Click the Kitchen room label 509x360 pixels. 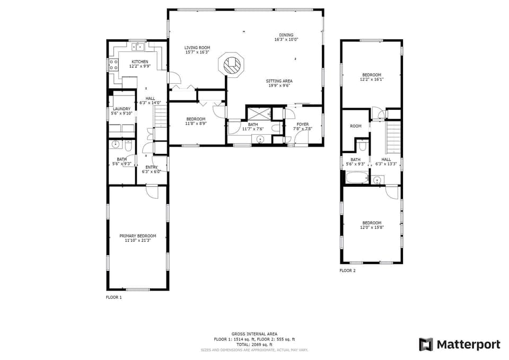pos(139,64)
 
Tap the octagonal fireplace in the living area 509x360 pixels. pos(232,65)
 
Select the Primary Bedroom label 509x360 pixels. pos(138,238)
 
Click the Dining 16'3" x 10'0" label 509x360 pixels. pos(286,37)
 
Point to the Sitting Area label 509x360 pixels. pos(279,83)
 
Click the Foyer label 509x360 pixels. pos(302,126)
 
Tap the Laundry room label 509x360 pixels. pos(121,111)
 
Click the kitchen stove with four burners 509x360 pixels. pos(113,65)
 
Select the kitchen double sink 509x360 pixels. pos(138,47)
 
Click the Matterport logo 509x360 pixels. pos(459,345)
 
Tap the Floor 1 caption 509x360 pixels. pos(113,297)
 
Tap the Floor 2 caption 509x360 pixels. pos(347,270)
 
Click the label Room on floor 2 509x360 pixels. pos(355,126)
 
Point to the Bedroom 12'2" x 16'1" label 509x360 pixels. pos(372,77)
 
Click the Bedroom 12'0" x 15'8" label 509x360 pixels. pos(372,225)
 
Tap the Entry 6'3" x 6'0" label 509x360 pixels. pos(152,169)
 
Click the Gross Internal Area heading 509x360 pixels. pos(254,334)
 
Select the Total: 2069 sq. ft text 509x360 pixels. pos(254,345)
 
